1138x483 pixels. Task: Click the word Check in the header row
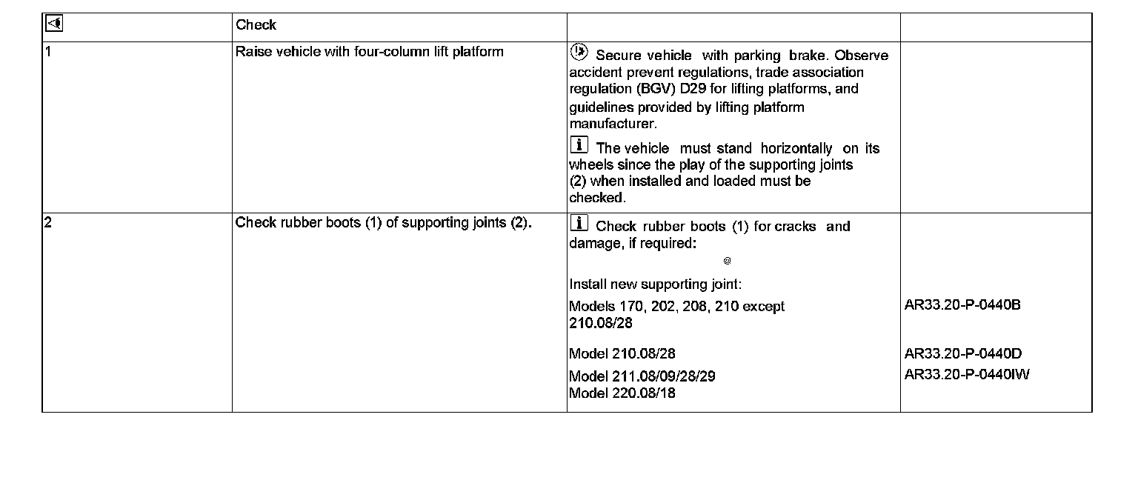256,25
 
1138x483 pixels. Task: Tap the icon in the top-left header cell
53,24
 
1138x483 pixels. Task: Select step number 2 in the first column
48,222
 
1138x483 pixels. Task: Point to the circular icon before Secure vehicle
579,53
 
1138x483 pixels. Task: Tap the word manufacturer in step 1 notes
612,124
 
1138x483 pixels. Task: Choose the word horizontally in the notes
796,148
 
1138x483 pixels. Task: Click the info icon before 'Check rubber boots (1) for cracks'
579,223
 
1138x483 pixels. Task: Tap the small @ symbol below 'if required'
728,261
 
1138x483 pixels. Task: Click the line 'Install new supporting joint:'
655,284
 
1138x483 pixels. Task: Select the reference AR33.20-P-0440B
962,305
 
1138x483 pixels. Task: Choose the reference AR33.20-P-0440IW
967,374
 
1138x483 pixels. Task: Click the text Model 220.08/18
622,393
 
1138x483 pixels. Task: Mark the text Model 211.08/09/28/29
642,376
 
